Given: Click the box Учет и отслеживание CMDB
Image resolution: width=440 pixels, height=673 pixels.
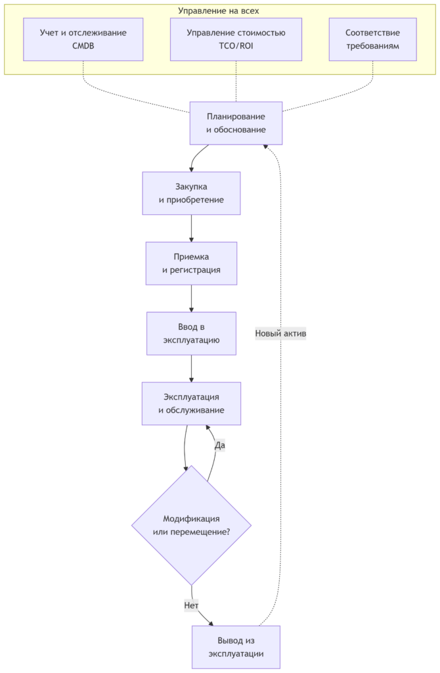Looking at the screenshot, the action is coord(83,39).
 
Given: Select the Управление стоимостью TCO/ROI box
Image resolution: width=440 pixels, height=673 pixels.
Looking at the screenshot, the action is coord(236,39).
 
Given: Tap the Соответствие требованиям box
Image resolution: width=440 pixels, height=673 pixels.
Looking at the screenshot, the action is coord(372,39).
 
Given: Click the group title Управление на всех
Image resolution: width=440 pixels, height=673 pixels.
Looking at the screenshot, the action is coord(218,11).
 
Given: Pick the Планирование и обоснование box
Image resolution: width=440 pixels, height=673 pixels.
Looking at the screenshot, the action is coord(236,123).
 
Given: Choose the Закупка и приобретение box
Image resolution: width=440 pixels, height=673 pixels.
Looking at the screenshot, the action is coord(191,193).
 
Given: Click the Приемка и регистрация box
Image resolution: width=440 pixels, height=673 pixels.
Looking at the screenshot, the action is coord(191,264).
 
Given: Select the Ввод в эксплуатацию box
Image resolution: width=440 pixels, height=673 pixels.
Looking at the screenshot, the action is coord(191,333).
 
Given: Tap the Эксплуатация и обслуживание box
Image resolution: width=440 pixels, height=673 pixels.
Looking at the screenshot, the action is coord(191,404).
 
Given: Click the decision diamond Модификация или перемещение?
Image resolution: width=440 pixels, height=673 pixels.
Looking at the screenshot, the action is coord(191,525).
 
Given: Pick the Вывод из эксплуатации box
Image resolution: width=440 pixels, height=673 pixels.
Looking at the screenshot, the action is coord(236,647).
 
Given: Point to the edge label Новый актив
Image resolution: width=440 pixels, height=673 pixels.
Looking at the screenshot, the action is coord(280,333).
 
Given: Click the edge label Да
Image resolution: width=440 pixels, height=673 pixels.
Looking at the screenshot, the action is coord(219,446).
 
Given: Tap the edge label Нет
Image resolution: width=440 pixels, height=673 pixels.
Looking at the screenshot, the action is coord(191,605).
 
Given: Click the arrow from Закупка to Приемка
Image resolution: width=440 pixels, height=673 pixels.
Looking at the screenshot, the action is coord(191,228).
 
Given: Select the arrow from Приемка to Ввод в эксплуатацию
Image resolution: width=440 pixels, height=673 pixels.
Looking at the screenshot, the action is coord(191,298).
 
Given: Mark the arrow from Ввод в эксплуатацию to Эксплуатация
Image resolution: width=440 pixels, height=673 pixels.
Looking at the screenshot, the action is coord(191,369).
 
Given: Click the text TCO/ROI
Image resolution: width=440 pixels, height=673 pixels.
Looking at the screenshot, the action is coord(236,46).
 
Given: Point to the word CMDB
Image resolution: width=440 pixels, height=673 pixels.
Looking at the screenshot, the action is coord(83,46).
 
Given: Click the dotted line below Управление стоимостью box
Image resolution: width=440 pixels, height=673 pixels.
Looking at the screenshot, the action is coord(236,81).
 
